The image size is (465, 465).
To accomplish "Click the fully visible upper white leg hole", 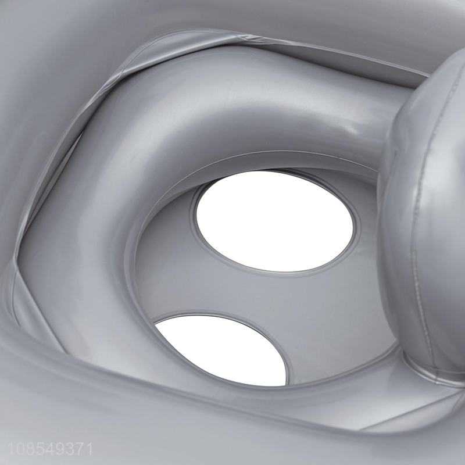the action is [x=274, y=220].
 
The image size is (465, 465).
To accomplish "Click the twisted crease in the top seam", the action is [x=243, y=38].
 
